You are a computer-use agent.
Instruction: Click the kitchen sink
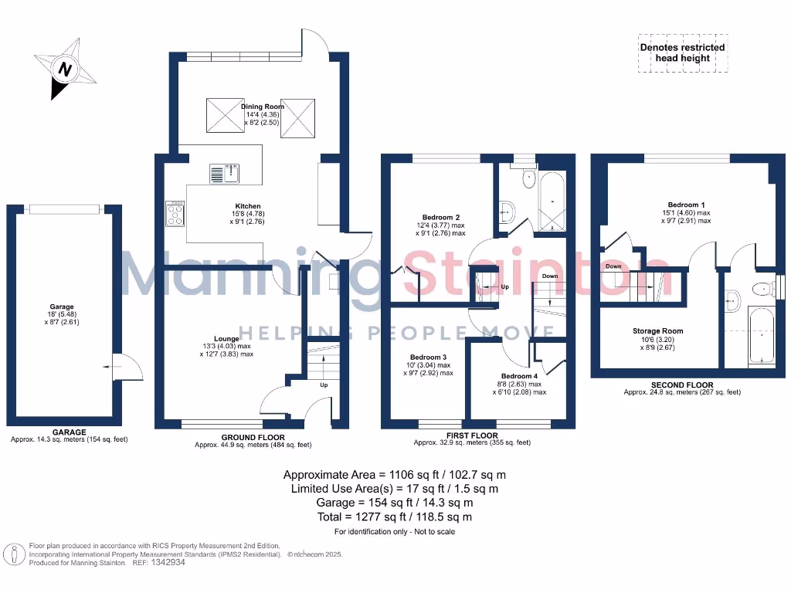click(x=224, y=173)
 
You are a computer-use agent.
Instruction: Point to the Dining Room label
click(x=262, y=107)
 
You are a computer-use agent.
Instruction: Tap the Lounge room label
click(x=226, y=339)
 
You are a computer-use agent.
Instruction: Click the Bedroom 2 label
click(x=441, y=217)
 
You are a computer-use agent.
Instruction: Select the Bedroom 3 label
click(x=428, y=357)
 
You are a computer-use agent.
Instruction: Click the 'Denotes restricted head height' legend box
click(x=682, y=53)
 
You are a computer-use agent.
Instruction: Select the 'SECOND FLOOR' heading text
click(x=682, y=385)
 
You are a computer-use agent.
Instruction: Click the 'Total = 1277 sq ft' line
click(x=395, y=517)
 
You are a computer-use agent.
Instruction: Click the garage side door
click(x=121, y=367)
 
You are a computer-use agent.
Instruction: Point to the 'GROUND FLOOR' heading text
click(x=253, y=437)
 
